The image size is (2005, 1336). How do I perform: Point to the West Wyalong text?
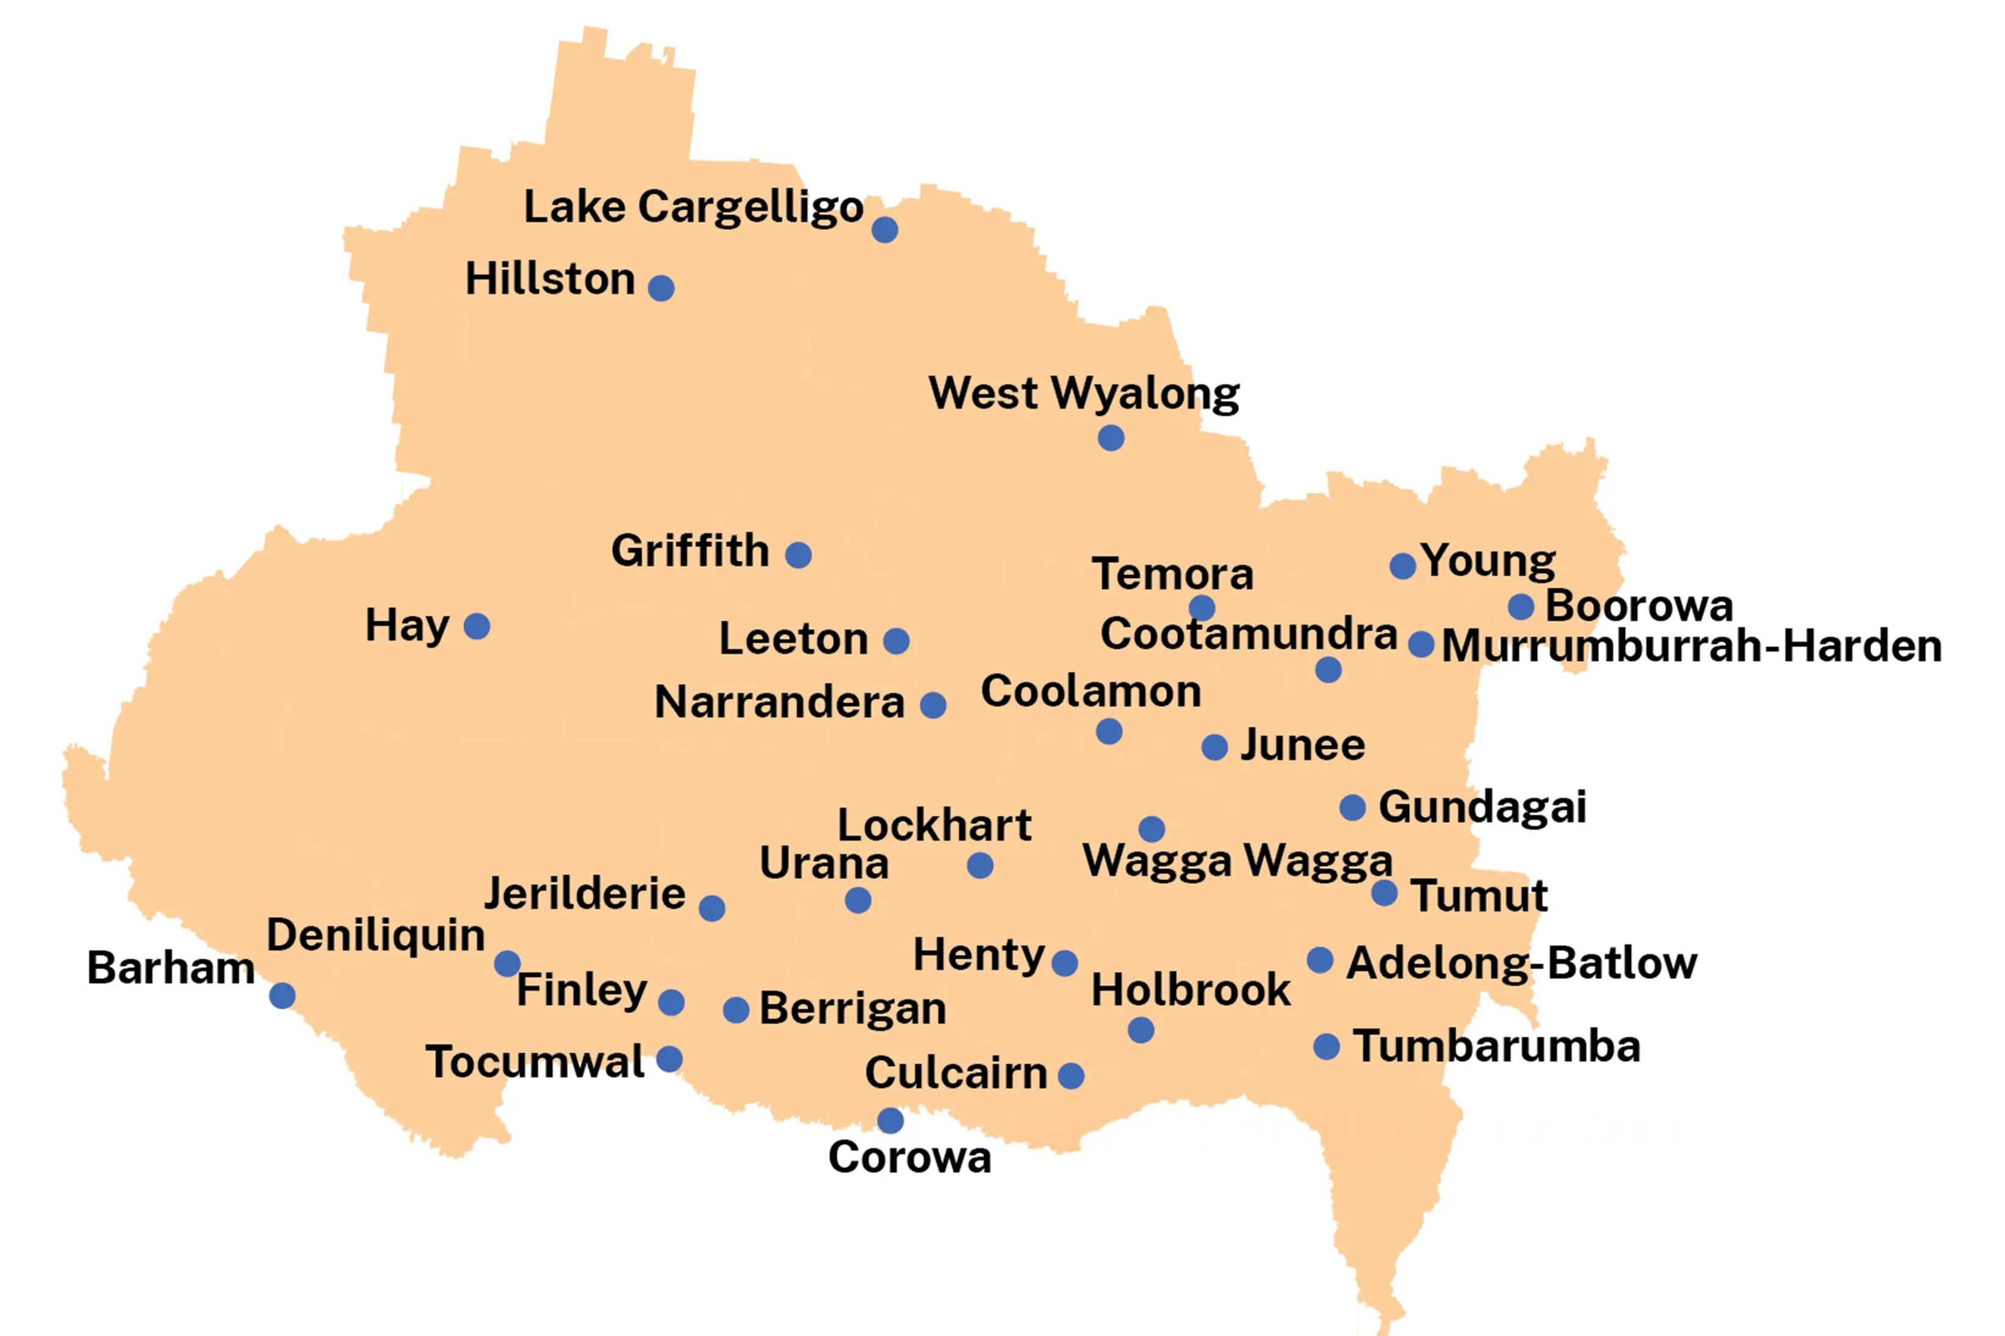[1083, 393]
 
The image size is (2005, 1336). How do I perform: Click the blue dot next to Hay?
[477, 627]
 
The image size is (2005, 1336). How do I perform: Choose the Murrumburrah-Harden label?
[1691, 646]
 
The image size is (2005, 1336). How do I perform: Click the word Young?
[1488, 561]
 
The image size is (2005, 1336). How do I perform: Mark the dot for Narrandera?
[932, 705]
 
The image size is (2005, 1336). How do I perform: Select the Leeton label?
[793, 638]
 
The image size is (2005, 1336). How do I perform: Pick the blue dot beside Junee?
[1214, 747]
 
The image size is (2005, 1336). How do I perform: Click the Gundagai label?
[1482, 807]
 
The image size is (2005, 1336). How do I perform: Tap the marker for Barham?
[282, 995]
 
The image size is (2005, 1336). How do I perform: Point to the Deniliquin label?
[376, 936]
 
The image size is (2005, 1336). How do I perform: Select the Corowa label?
[909, 1157]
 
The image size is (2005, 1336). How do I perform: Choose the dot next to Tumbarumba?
[1326, 1046]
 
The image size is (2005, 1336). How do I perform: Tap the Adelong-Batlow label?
[1521, 964]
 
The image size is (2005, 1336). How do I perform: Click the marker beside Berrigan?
[735, 1010]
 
